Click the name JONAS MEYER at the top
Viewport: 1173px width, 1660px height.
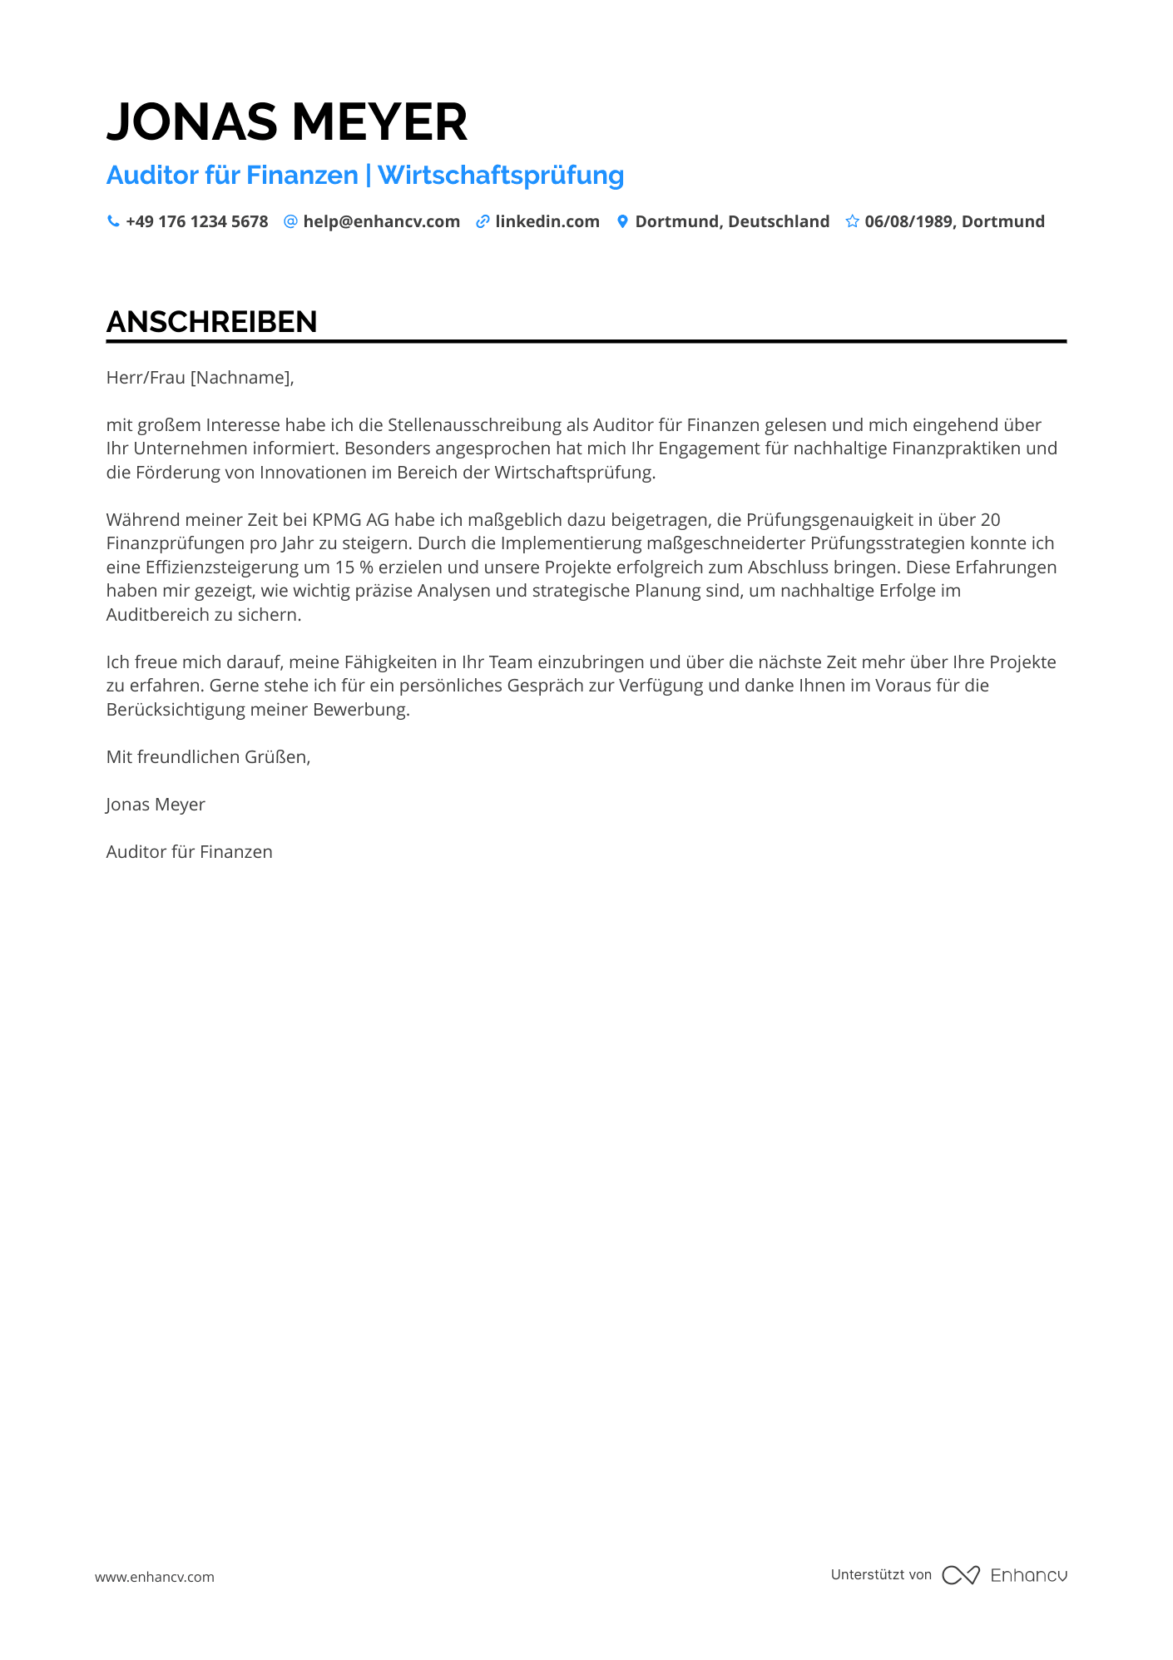[287, 122]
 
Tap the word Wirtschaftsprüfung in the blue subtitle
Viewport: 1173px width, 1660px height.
[501, 176]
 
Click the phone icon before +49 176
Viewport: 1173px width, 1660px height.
[113, 221]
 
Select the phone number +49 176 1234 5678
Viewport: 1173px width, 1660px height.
[197, 222]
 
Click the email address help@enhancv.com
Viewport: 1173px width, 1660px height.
[381, 222]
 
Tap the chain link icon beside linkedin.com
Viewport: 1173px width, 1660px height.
[483, 222]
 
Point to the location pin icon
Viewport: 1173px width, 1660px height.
[622, 221]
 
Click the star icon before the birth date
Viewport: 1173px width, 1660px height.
[852, 221]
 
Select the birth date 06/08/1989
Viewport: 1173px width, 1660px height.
[910, 222]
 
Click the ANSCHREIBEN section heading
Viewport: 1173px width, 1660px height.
[212, 322]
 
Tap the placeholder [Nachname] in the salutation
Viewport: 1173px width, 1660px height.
[241, 378]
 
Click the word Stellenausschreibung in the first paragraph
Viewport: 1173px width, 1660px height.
[474, 425]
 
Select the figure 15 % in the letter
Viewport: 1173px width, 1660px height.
[354, 567]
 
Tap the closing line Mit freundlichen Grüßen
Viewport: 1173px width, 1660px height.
[208, 757]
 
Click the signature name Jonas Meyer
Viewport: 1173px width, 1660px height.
[156, 805]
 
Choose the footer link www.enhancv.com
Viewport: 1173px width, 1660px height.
[155, 1577]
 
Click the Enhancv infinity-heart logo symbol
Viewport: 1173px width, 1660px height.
[961, 1575]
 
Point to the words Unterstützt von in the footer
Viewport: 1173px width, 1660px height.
[881, 1574]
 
